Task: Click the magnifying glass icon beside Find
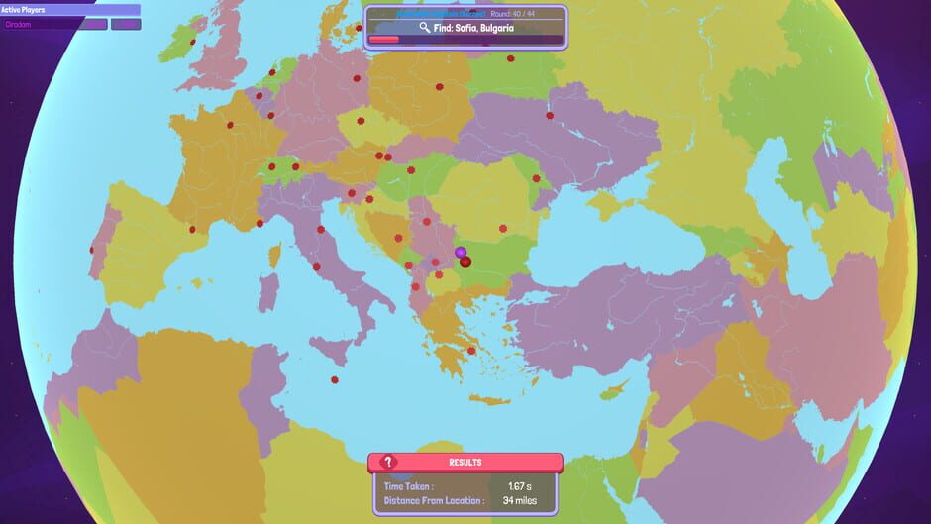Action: click(425, 28)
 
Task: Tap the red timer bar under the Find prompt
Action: click(384, 41)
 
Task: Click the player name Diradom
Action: click(20, 24)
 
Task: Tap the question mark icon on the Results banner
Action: click(389, 462)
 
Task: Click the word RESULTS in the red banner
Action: click(465, 462)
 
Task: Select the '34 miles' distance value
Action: click(520, 500)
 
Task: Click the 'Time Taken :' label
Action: click(408, 486)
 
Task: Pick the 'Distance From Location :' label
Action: click(434, 500)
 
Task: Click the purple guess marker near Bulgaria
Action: click(461, 253)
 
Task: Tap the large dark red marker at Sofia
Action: click(465, 262)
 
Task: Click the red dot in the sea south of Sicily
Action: click(334, 378)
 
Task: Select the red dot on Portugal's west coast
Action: click(91, 249)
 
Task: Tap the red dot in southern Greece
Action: click(471, 350)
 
